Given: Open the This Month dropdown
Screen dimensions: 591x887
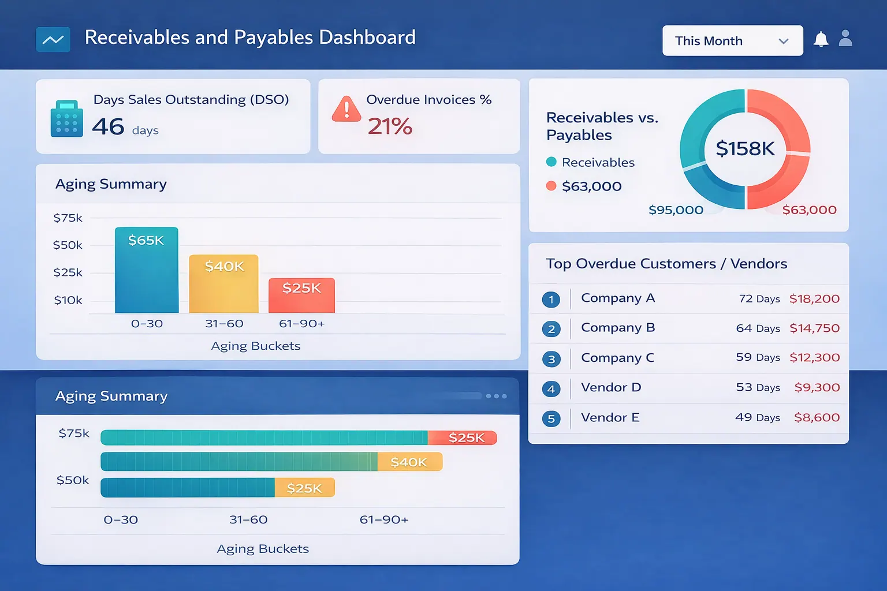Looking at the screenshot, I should pos(732,40).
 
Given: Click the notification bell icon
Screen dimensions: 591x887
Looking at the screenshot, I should pos(821,39).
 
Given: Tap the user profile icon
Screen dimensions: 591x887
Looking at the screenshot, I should pos(845,39).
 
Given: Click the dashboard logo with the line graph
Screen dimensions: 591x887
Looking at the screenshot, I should pos(53,40).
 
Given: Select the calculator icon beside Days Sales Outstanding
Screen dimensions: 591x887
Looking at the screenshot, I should pos(66,119).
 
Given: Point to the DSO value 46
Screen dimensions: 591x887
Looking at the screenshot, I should pos(108,127).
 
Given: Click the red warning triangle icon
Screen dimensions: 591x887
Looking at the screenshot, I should pos(346,109).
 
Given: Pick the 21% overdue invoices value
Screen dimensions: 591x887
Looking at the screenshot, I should pos(390,126).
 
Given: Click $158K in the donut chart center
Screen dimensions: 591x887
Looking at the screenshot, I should pos(745,149).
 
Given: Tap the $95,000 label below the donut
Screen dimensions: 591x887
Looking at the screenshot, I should pos(676,210).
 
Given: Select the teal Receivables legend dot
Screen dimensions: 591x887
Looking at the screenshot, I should pos(551,162).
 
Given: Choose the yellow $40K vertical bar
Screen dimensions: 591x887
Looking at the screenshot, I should pos(224,284).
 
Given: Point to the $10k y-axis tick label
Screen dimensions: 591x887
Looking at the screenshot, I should pos(68,300).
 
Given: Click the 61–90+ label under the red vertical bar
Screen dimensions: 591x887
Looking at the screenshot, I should pos(301,324).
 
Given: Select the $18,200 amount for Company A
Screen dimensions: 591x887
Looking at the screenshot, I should pos(814,299).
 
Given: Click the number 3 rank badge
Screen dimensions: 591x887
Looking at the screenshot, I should pos(551,359).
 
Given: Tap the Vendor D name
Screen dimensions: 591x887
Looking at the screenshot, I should pos(611,387).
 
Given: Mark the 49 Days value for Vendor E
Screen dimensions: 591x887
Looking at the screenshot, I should pos(757,417).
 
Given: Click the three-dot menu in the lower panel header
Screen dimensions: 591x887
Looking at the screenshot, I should pos(496,396).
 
